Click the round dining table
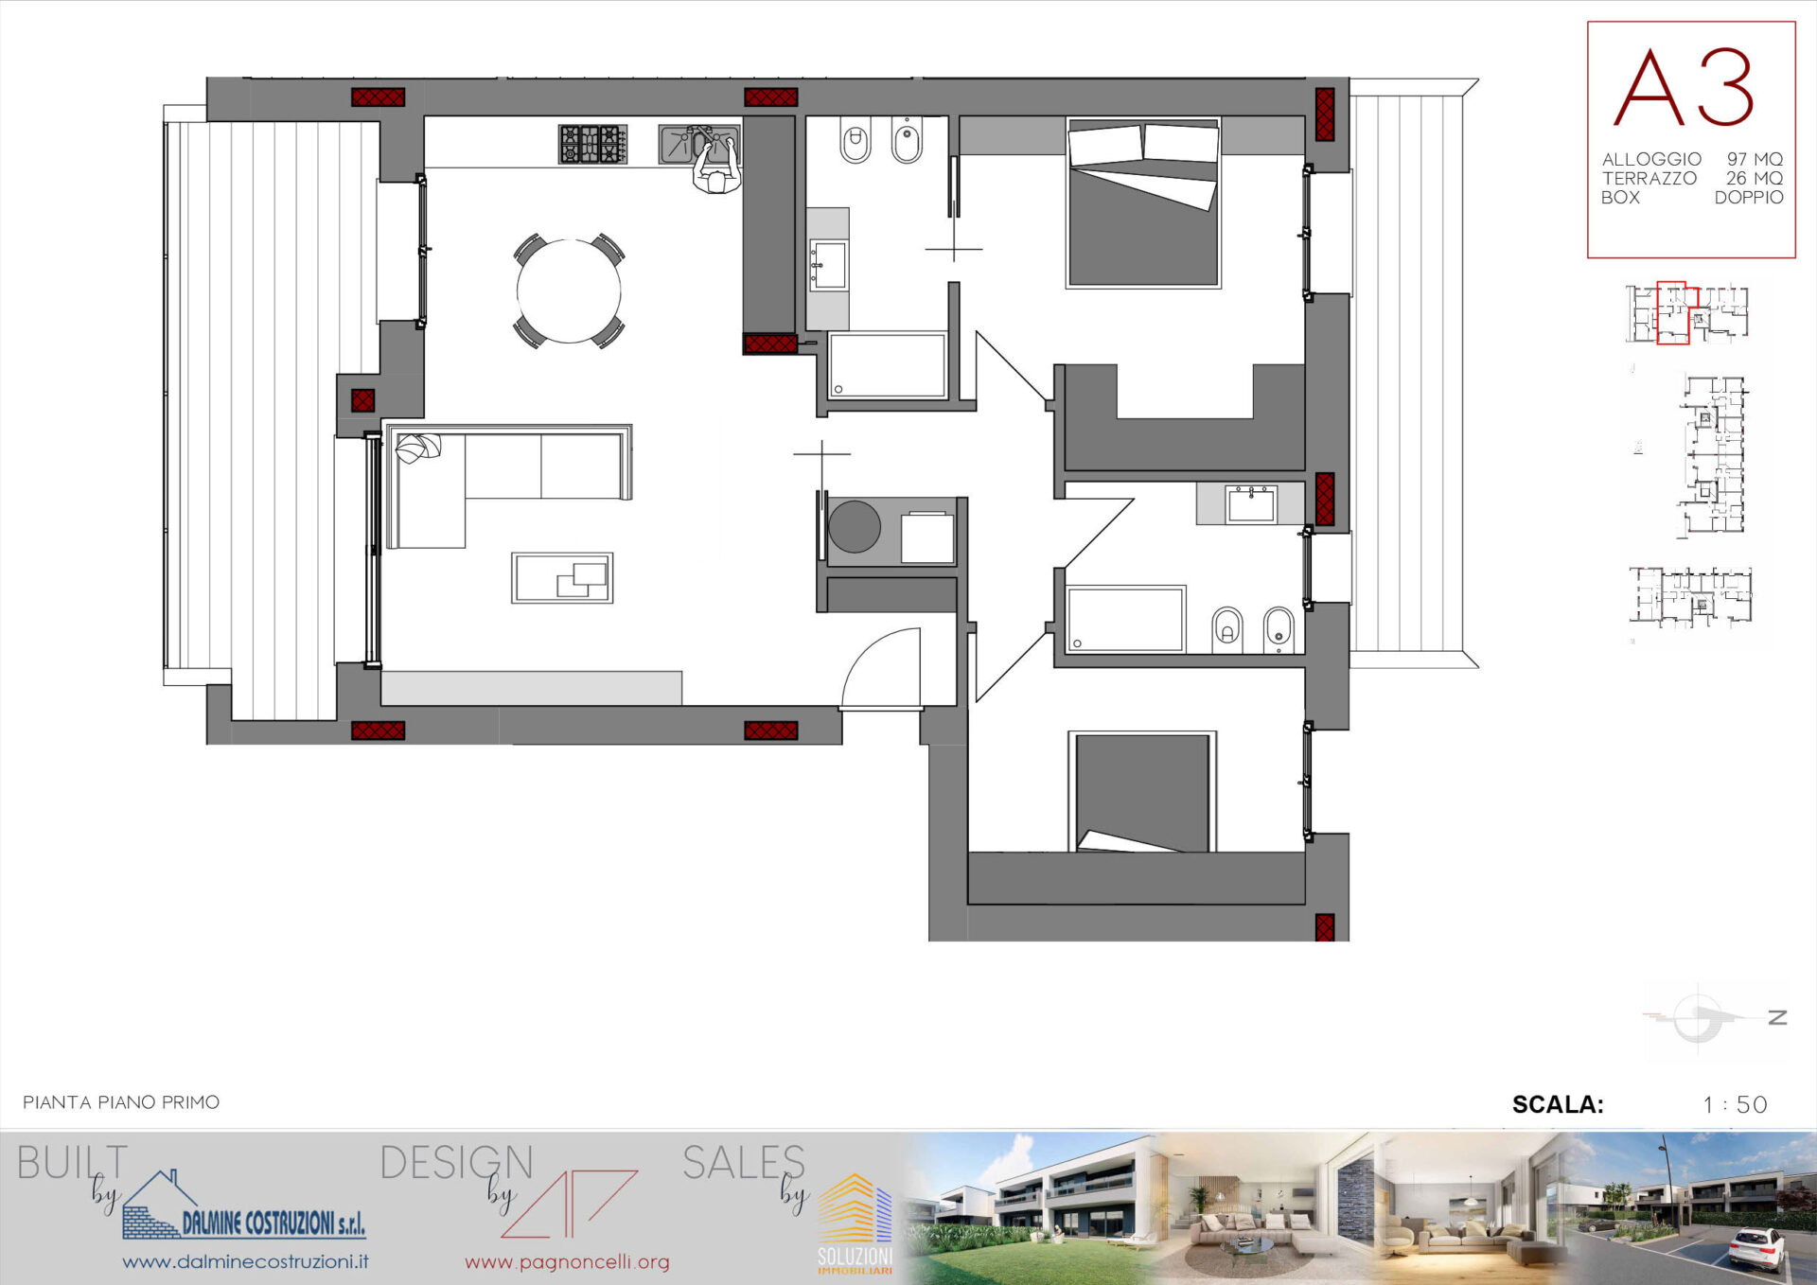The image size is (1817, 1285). coord(569,291)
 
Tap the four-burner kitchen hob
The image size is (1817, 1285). coord(592,145)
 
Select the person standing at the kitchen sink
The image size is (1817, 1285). coord(716,167)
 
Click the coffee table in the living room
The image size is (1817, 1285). coord(562,577)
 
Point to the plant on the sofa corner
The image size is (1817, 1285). coord(418,449)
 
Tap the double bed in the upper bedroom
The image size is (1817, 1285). coord(1143,202)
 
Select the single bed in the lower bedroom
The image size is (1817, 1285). coord(1142,792)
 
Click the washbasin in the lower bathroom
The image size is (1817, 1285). coord(1251,504)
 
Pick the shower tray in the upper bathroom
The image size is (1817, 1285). coord(887,365)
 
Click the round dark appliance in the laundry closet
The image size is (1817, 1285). coord(855,527)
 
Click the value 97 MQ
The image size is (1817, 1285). coord(1755,159)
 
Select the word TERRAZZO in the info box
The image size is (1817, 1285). coord(1649,178)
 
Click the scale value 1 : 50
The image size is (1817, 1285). coord(1735,1104)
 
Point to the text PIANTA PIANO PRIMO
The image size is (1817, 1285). coord(121,1102)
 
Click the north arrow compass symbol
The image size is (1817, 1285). coord(1699,1017)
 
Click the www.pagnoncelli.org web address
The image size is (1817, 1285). coord(567,1261)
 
